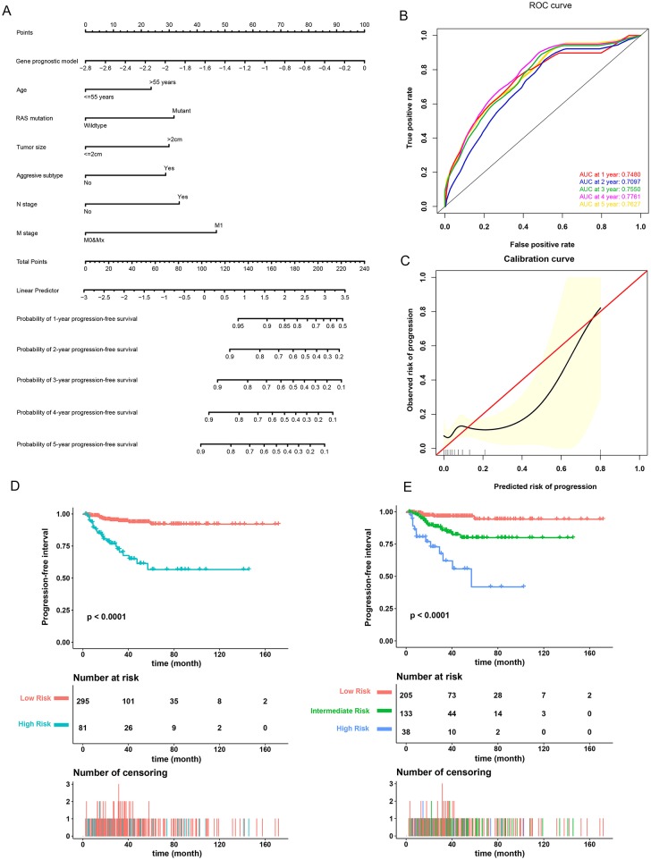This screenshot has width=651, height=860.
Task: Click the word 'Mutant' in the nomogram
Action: [181, 110]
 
